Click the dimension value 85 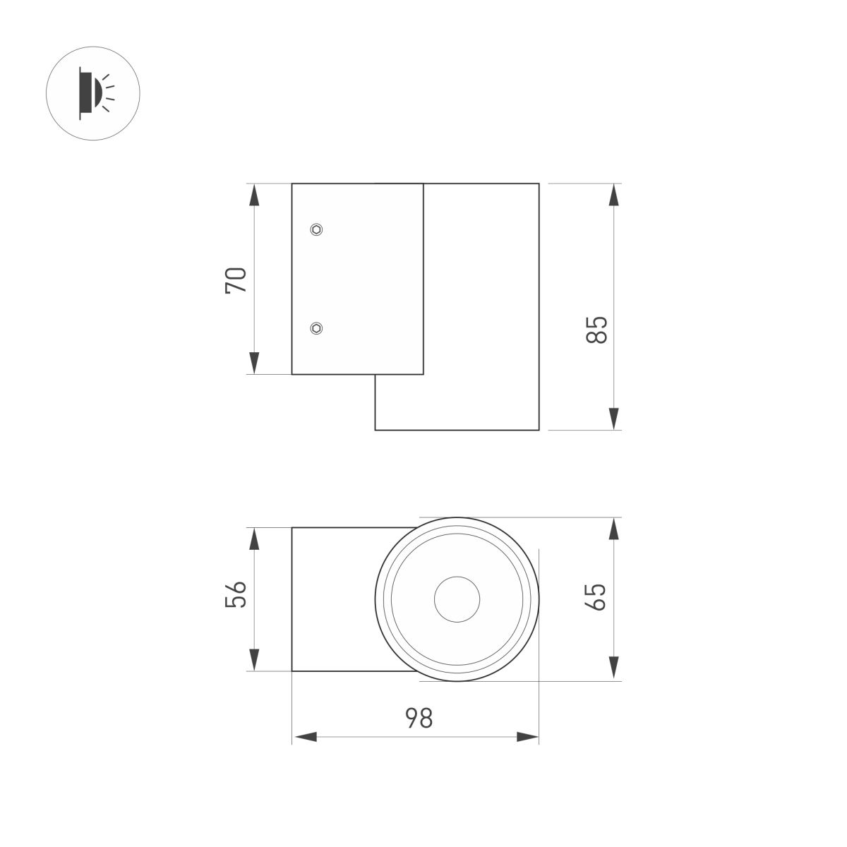(x=596, y=330)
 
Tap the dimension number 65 (x=596, y=597)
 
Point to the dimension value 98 (x=418, y=719)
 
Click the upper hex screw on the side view (x=317, y=229)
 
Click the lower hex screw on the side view (x=317, y=328)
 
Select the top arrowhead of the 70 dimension (x=255, y=196)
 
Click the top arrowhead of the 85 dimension (x=615, y=196)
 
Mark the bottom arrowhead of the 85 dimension (x=615, y=418)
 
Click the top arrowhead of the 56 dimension (x=255, y=539)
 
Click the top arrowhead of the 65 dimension (x=615, y=529)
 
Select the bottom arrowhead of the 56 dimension (x=255, y=659)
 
